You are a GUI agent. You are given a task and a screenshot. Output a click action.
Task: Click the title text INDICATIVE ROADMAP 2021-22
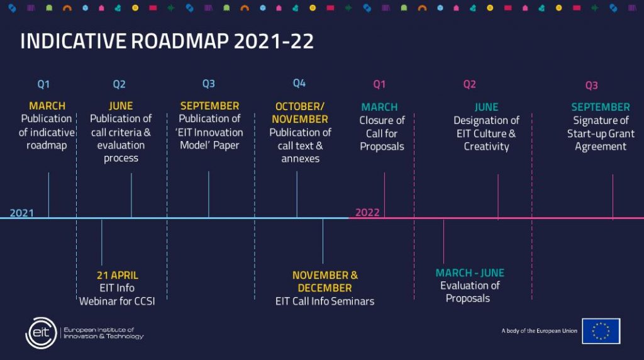(x=167, y=41)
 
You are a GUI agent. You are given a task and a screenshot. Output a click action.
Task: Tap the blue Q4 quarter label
(x=299, y=84)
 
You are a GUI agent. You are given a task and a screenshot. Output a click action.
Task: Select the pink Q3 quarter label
(x=591, y=85)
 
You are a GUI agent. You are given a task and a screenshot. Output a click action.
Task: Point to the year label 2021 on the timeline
(x=22, y=213)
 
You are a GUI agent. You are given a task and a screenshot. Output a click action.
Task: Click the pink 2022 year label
(x=367, y=212)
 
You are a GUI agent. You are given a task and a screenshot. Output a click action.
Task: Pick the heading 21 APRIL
(x=118, y=275)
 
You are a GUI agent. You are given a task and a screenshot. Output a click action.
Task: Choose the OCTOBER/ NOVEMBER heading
(x=300, y=113)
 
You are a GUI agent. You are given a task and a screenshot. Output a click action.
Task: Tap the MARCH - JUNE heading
(x=470, y=273)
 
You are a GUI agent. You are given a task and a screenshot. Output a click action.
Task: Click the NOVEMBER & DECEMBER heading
(x=325, y=281)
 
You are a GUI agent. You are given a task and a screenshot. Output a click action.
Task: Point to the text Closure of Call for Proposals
(x=382, y=133)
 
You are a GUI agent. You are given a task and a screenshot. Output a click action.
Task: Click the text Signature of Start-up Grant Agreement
(x=601, y=133)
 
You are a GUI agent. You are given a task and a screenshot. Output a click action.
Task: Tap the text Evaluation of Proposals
(x=469, y=292)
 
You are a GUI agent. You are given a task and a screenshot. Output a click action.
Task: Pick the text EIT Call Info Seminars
(x=325, y=301)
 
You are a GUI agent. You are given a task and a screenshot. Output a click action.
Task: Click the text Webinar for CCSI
(x=117, y=301)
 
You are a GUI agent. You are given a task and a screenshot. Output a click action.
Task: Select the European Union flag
(x=601, y=331)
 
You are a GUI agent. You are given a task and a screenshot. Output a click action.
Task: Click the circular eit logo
(x=41, y=333)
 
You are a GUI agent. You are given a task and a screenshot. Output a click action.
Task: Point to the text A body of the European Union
(x=539, y=331)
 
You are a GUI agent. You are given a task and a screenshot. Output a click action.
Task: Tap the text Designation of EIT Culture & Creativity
(x=486, y=133)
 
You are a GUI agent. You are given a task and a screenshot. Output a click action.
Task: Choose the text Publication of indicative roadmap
(x=47, y=132)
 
